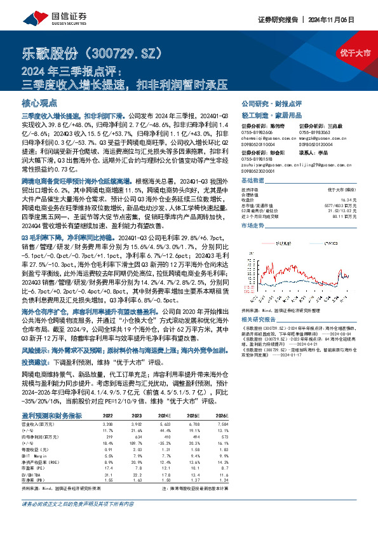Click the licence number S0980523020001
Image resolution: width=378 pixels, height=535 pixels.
point(258,172)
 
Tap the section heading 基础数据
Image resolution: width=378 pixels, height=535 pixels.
point(252,180)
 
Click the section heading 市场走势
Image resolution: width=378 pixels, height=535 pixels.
point(252,225)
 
